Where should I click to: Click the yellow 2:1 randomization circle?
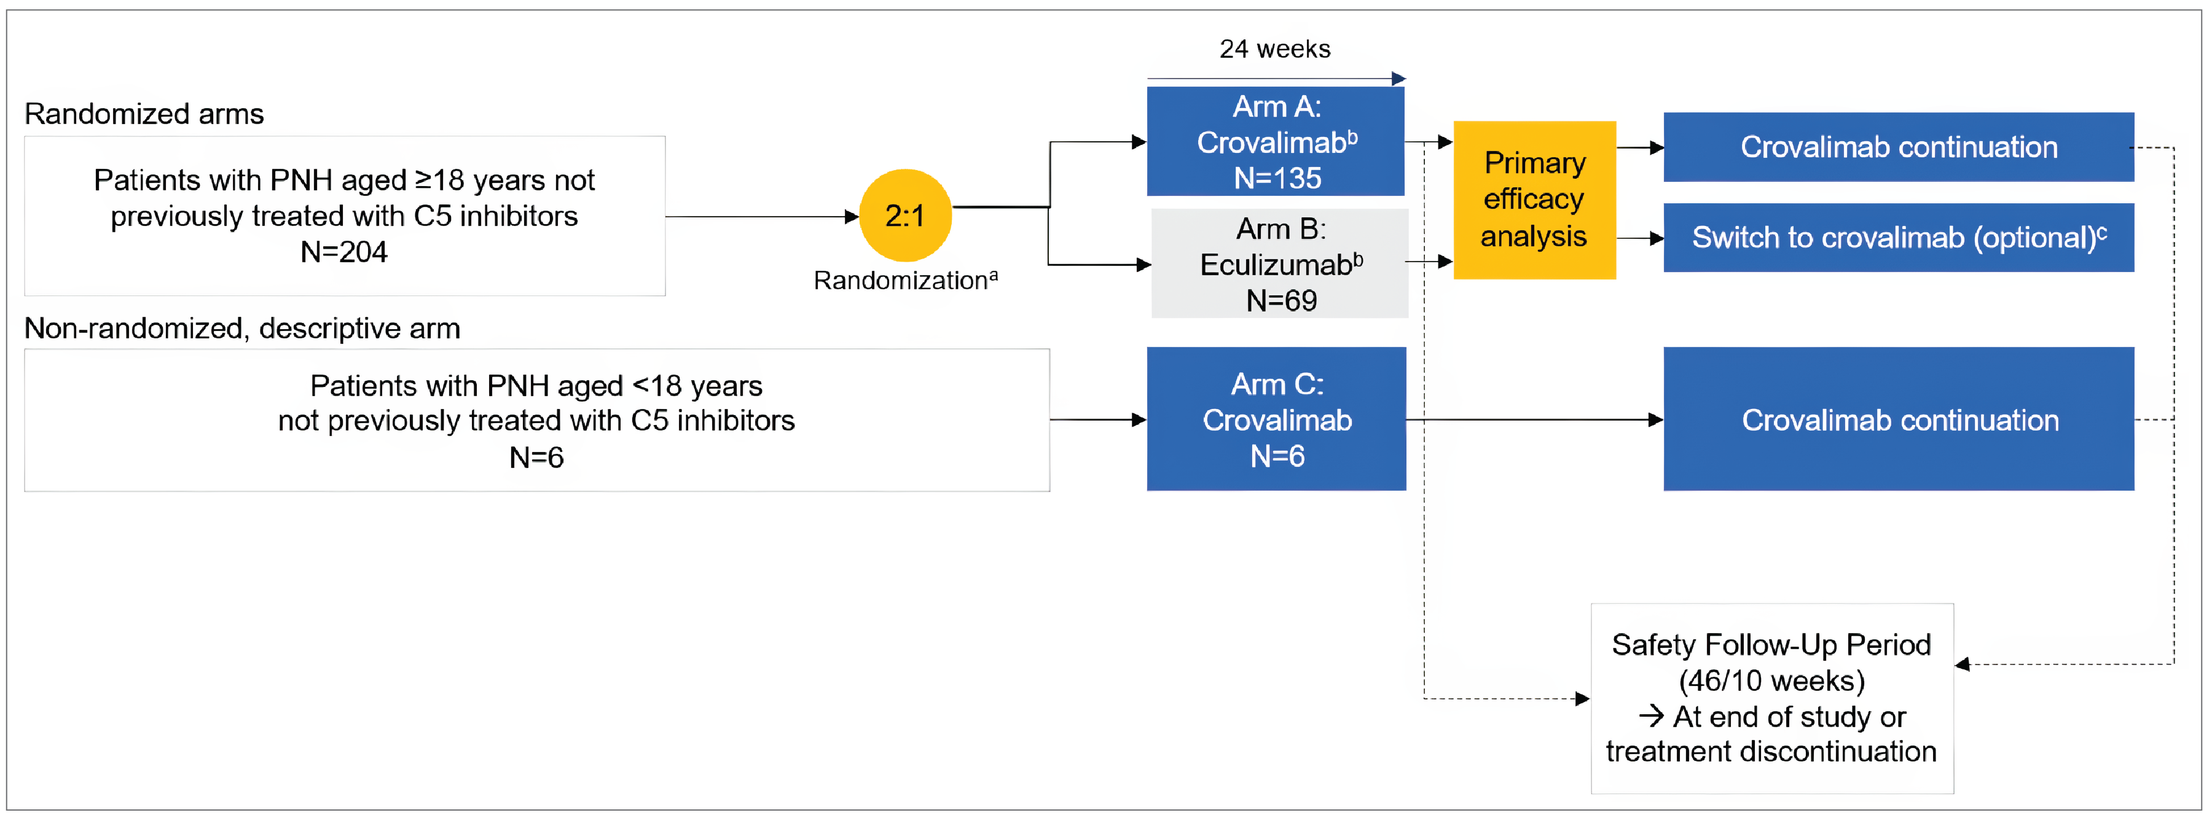pos(905,216)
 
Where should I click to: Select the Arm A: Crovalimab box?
pos(1276,142)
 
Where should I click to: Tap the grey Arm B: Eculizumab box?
pos(1279,263)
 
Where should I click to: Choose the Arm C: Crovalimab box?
pos(1276,419)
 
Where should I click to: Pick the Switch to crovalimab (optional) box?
pos(1899,238)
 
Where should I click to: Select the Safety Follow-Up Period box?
pos(1771,698)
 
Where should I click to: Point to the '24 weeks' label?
pos(1275,49)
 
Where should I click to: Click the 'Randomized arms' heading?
pos(144,114)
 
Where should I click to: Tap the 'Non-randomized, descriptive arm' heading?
pos(242,328)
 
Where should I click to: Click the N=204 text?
pos(343,252)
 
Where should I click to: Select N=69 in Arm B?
pos(1281,300)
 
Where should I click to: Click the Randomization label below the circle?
pos(905,280)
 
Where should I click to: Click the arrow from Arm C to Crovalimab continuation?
pos(1534,419)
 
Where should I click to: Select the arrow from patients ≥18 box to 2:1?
pos(761,216)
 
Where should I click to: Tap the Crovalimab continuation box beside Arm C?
pos(1899,419)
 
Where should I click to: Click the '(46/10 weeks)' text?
pos(1771,680)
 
